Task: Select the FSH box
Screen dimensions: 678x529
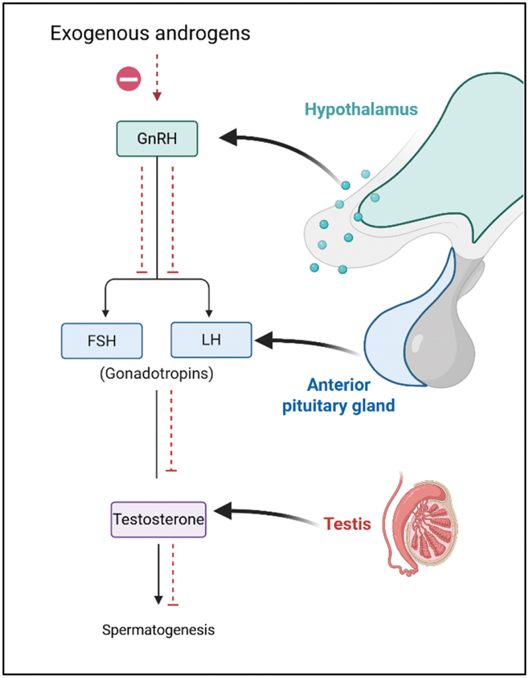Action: click(x=102, y=340)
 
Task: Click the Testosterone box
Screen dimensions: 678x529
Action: click(x=157, y=518)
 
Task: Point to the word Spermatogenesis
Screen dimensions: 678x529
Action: click(x=158, y=630)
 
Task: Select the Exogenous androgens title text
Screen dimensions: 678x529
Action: click(x=150, y=33)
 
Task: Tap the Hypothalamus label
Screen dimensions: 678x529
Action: click(x=361, y=109)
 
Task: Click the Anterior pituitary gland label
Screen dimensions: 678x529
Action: click(x=349, y=396)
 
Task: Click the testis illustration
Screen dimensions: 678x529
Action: click(x=419, y=523)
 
